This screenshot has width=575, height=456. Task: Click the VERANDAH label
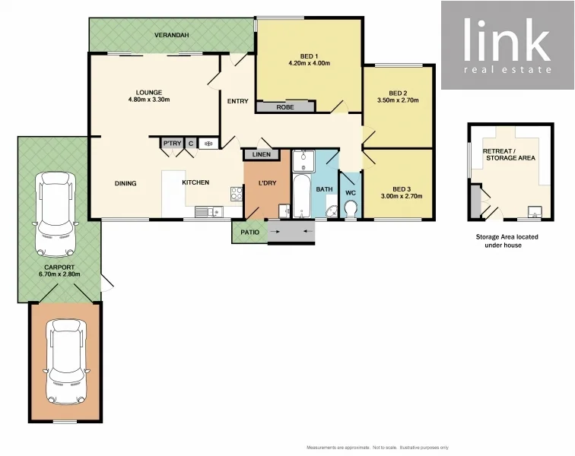click(171, 36)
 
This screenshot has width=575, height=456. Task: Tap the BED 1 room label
click(309, 55)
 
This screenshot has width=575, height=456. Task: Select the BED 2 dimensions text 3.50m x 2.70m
click(399, 100)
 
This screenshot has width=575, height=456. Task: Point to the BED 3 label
click(402, 188)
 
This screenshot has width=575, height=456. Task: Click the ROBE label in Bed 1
click(285, 107)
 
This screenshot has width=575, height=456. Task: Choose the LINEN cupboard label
click(260, 155)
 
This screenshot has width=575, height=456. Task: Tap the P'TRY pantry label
click(172, 143)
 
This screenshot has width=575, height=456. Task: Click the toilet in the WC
click(350, 211)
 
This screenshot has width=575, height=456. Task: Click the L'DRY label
click(267, 182)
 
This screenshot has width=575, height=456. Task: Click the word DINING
click(126, 182)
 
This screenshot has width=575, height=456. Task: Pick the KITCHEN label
click(195, 182)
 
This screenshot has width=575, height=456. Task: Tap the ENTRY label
click(237, 102)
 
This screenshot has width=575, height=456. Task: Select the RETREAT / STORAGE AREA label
click(509, 154)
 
